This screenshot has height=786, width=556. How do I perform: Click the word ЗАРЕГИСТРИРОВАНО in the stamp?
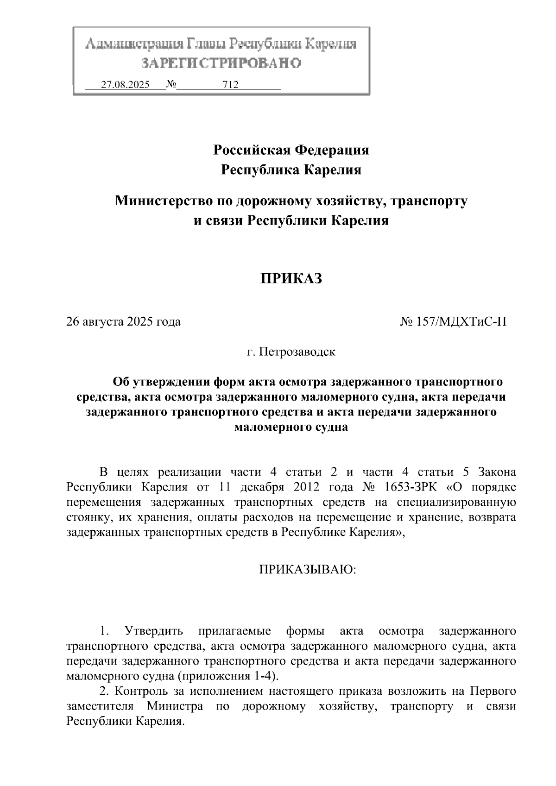[221, 63]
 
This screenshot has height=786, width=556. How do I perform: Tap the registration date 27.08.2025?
[125, 85]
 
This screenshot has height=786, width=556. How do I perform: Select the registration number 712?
[230, 85]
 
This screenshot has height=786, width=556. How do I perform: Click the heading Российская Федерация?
[291, 150]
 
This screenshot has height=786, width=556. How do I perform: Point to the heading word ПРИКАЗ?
[291, 279]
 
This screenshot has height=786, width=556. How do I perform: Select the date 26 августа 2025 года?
[124, 321]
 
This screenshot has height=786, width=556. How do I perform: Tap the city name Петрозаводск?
[297, 352]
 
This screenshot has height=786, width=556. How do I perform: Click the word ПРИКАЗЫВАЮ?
[308, 569]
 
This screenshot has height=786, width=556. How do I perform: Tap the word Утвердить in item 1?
[153, 631]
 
